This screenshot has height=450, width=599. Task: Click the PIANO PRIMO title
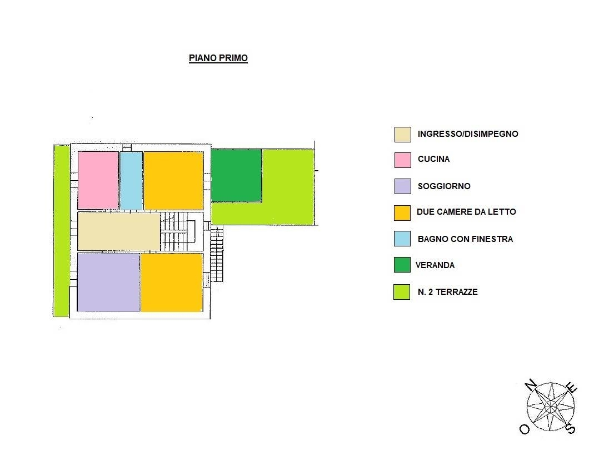pos(218,58)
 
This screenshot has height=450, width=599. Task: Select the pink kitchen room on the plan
pos(98,180)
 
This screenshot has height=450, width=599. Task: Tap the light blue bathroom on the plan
pos(131,180)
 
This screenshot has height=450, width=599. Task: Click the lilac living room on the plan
pos(108,282)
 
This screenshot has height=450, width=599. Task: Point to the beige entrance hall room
pos(119,231)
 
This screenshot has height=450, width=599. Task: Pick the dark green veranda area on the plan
pos(236,175)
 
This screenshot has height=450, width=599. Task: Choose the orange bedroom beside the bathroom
pos(173,180)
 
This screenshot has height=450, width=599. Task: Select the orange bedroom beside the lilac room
pos(172,283)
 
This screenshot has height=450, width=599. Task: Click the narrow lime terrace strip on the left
pos(61,230)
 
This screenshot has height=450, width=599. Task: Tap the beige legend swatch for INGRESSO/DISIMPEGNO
pos(403,135)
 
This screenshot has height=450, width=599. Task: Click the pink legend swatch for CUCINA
pos(403,160)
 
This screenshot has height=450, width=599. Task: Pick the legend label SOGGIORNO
pos(444,186)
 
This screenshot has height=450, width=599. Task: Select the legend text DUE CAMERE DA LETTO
pos(466,212)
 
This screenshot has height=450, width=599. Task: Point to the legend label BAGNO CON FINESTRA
pos(465,239)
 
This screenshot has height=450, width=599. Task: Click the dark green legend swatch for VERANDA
pos(402,265)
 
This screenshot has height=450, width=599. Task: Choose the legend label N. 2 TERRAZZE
pos(448,291)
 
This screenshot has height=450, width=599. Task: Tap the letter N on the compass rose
pos(530,384)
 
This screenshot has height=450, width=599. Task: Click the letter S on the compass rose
pos(570,429)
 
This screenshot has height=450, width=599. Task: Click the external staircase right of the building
pos(217,254)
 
